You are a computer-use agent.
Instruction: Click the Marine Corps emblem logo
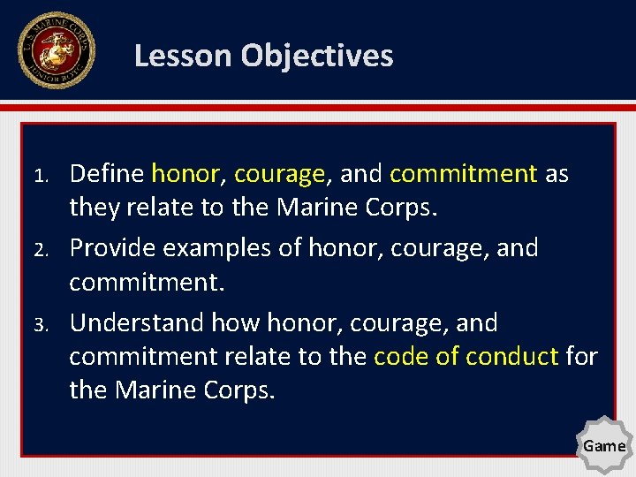55,50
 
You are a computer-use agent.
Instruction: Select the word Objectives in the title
317,56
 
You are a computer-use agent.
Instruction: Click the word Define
107,174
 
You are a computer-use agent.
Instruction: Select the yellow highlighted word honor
186,174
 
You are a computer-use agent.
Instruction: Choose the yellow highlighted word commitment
463,174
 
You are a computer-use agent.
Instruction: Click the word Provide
111,248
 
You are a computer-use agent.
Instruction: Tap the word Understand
132,323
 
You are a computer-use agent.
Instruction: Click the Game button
604,446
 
